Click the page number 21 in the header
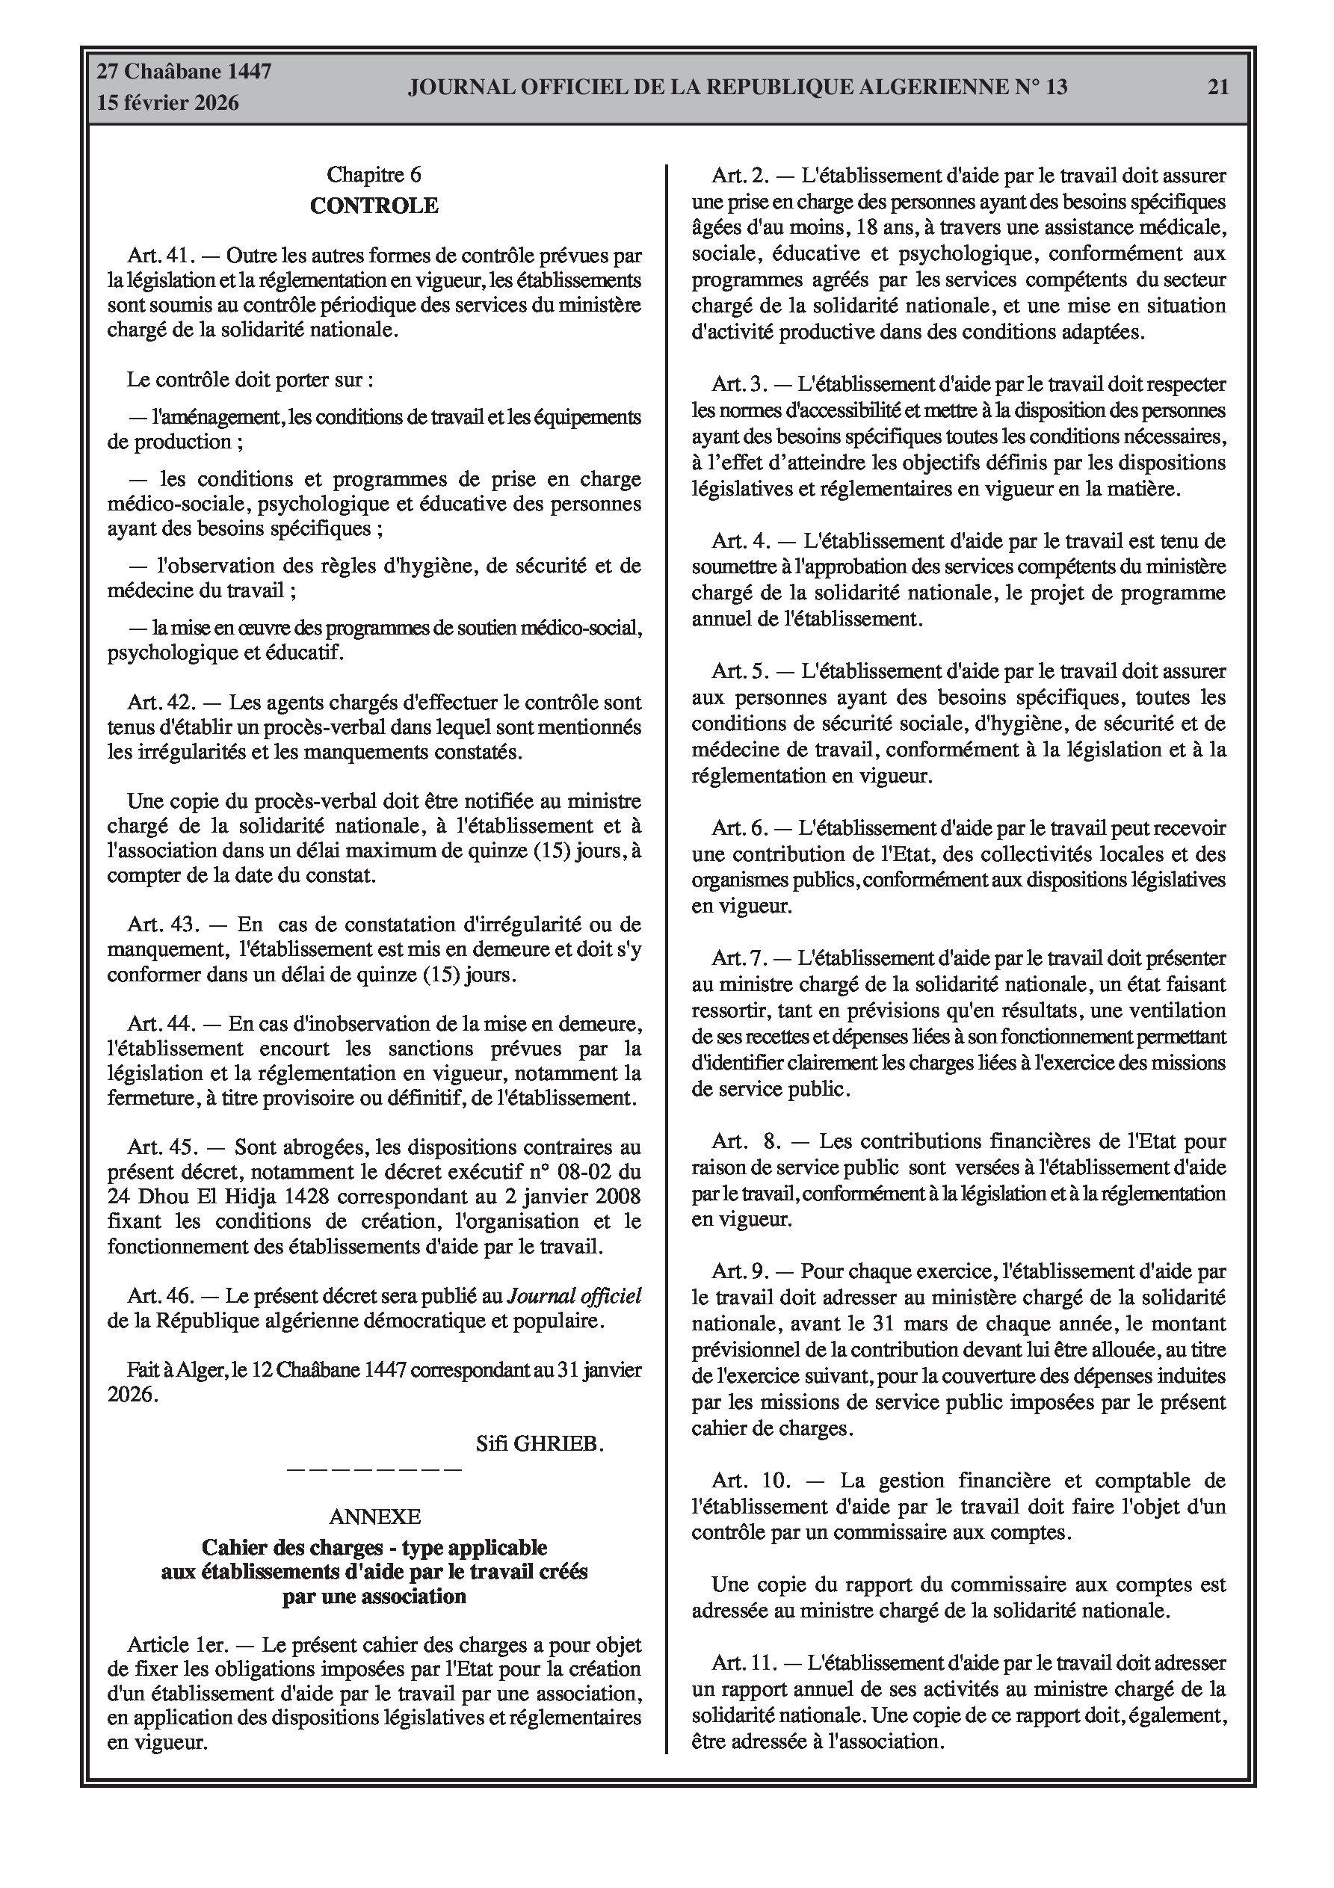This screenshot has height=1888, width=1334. (x=1218, y=87)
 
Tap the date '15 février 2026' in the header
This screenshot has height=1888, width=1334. (x=168, y=103)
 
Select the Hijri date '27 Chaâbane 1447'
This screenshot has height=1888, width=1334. (x=185, y=72)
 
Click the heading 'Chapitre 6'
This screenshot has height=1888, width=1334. (x=374, y=174)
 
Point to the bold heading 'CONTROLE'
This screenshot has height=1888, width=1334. (x=374, y=206)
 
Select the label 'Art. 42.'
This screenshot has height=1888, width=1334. (x=161, y=703)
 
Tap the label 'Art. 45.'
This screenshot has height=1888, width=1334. (x=161, y=1147)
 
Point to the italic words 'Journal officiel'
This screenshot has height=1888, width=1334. (x=574, y=1296)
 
